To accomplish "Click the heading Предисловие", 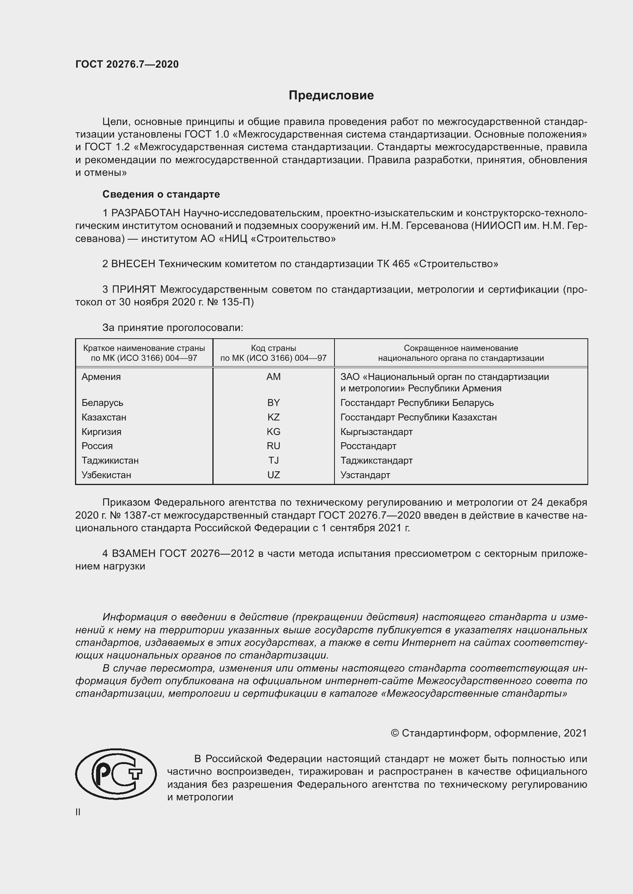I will tap(331, 96).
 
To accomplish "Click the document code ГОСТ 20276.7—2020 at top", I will tap(127, 65).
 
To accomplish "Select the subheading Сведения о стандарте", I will tap(161, 194).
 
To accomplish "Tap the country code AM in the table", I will tap(273, 376).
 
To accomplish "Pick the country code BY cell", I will tap(273, 402).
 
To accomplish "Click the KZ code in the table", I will tap(273, 417).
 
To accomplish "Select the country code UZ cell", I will tap(273, 475).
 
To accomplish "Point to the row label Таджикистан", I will tap(110, 460).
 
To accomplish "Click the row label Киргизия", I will tap(101, 432).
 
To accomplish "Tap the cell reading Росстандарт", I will tap(368, 446).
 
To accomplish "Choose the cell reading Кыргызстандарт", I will tap(376, 432).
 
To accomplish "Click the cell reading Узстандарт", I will tap(365, 475).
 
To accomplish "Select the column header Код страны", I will tap(273, 348).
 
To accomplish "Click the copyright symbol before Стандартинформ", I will tap(395, 733).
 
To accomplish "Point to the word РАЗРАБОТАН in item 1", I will tap(146, 213).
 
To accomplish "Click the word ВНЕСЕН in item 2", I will tap(133, 264).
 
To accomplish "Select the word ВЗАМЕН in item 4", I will tap(134, 553).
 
